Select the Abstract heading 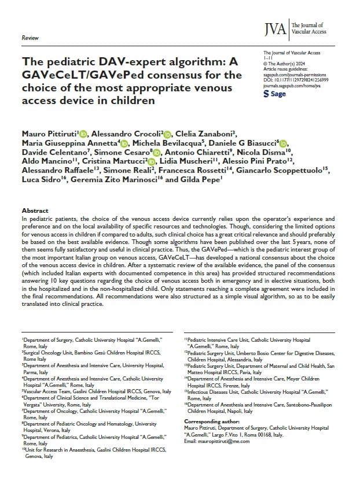[x=35, y=210]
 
